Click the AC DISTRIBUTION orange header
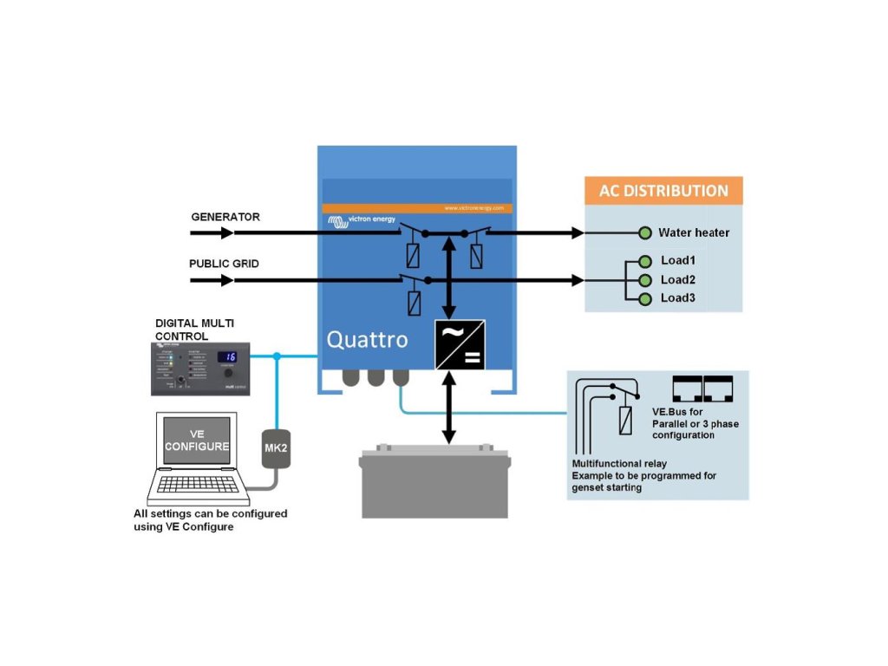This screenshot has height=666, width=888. click(x=663, y=191)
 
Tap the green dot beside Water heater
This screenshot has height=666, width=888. click(x=644, y=232)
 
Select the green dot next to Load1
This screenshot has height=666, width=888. click(x=644, y=260)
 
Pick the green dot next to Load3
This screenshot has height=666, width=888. click(x=644, y=298)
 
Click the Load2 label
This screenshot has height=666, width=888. click(x=678, y=279)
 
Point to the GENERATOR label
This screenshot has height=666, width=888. click(x=225, y=217)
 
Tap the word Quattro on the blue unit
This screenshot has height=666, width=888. click(x=367, y=339)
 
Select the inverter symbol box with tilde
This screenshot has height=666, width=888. click(x=460, y=344)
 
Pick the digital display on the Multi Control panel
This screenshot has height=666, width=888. click(x=228, y=356)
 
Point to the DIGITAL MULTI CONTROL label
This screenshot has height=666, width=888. click(x=194, y=329)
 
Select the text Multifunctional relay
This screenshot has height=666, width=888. click(x=619, y=464)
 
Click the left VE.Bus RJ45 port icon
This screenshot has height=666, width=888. click(x=688, y=388)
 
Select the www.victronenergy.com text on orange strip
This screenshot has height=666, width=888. click(x=475, y=208)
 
